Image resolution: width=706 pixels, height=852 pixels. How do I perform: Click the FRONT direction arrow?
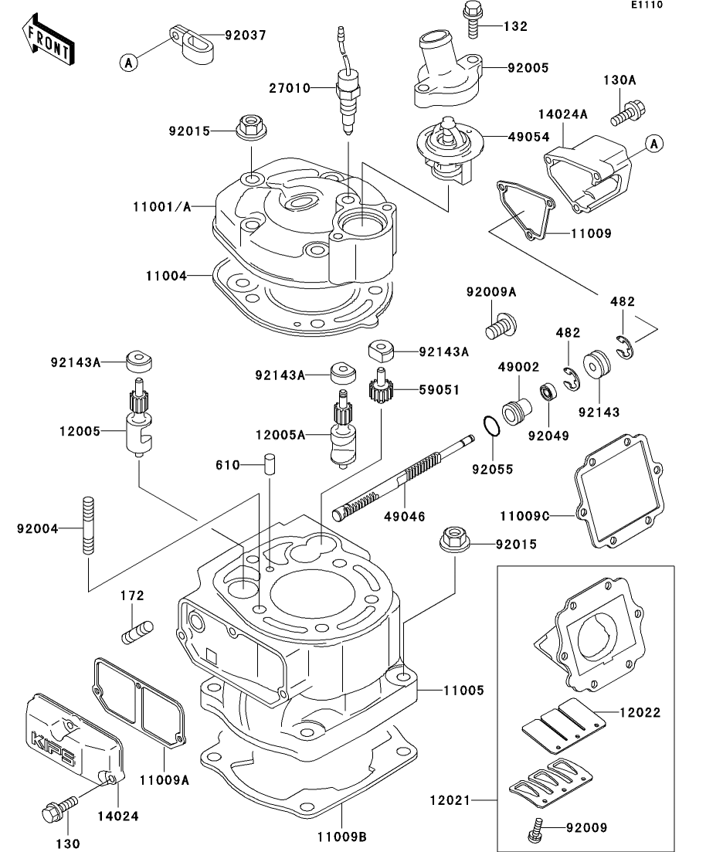tap(47, 41)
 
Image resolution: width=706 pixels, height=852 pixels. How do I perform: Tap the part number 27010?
tap(289, 88)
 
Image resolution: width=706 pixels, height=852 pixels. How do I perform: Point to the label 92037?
tap(246, 36)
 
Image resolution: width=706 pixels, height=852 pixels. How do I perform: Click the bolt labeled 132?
tap(472, 19)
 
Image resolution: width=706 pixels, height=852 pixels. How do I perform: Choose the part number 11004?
tap(166, 276)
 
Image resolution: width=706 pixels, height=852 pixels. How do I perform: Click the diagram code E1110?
tap(647, 5)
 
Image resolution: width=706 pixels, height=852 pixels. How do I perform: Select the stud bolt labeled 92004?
tap(87, 525)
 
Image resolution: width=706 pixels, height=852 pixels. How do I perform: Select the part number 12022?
tap(640, 712)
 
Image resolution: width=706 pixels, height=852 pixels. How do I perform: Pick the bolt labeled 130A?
tap(629, 113)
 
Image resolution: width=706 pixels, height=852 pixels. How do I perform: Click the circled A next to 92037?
tap(128, 63)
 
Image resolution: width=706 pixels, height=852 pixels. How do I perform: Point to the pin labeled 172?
tap(137, 633)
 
